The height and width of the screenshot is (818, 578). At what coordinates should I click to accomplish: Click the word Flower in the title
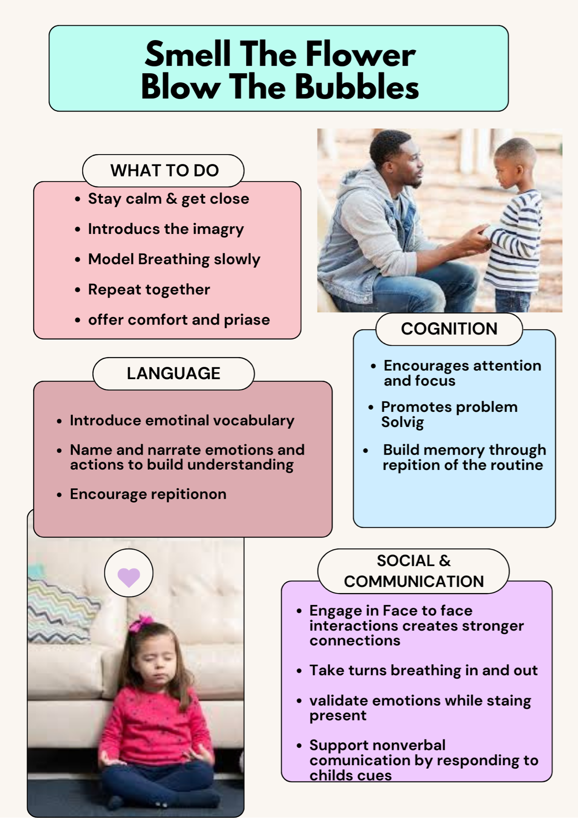pos(360,54)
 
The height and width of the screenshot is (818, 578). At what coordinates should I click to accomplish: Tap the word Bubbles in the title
pos(357,87)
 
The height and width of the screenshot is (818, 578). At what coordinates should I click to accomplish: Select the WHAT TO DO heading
pos(164,170)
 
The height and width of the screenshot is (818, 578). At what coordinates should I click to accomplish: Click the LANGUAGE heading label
pos(173,373)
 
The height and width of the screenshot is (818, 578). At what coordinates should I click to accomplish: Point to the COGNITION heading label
pos(449,329)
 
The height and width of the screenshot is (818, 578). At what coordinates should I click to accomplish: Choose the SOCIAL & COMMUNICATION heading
pos(414,571)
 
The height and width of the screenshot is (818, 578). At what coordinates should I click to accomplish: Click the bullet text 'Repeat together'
pos(149,290)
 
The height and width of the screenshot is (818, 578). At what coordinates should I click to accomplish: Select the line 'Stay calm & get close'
pos(169,199)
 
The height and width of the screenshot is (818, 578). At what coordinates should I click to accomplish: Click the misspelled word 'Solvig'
pos(403,423)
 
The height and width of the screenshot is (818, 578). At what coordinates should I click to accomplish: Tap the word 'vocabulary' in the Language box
pos(254,421)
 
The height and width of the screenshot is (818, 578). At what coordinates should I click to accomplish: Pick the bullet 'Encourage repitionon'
pos(148,494)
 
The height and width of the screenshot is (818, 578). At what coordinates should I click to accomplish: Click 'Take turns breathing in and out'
pos(423,671)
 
